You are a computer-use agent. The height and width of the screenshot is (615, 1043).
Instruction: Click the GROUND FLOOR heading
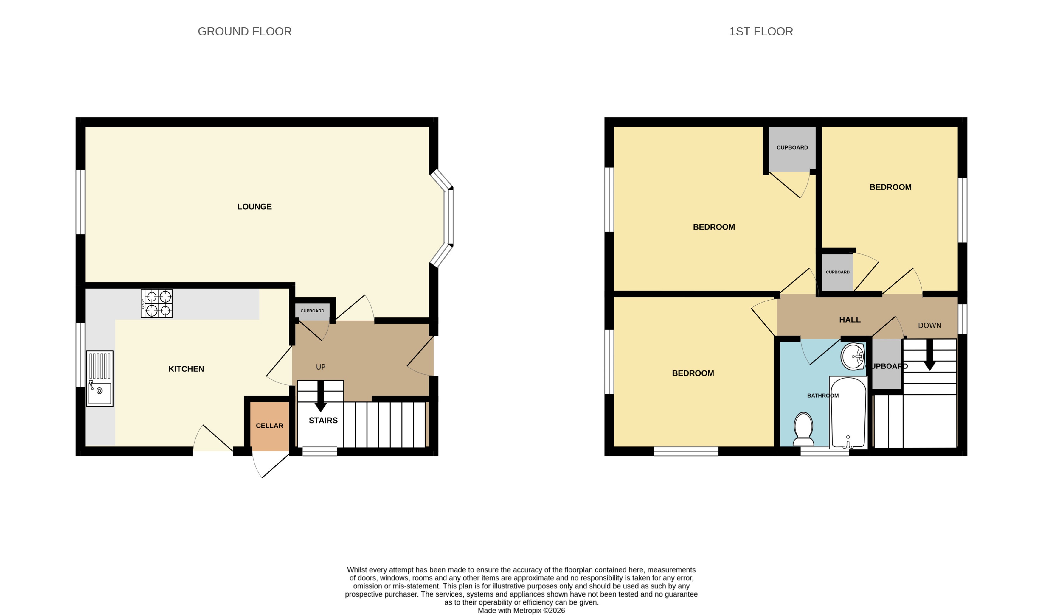point(245,32)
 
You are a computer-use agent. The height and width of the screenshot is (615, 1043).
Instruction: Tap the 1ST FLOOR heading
point(761,32)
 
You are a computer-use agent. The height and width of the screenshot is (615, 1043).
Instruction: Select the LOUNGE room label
point(254,206)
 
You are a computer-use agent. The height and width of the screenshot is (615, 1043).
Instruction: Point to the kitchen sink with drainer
point(100,378)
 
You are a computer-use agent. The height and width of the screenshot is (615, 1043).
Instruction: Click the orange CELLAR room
point(269,426)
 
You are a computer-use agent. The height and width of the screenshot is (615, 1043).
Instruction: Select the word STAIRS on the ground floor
point(323,420)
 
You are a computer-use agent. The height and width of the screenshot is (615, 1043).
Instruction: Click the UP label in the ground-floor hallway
point(320,367)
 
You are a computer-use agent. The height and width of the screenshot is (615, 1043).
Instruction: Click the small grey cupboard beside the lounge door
point(312,312)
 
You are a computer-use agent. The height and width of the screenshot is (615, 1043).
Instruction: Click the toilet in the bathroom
point(803,429)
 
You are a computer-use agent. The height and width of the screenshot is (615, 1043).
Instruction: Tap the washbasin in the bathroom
point(852,356)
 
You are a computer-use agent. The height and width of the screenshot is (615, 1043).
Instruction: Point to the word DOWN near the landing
point(929,325)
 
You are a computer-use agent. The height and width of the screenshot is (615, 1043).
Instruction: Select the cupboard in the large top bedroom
point(792,148)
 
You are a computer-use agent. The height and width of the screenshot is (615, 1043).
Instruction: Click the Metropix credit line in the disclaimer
point(521,610)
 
